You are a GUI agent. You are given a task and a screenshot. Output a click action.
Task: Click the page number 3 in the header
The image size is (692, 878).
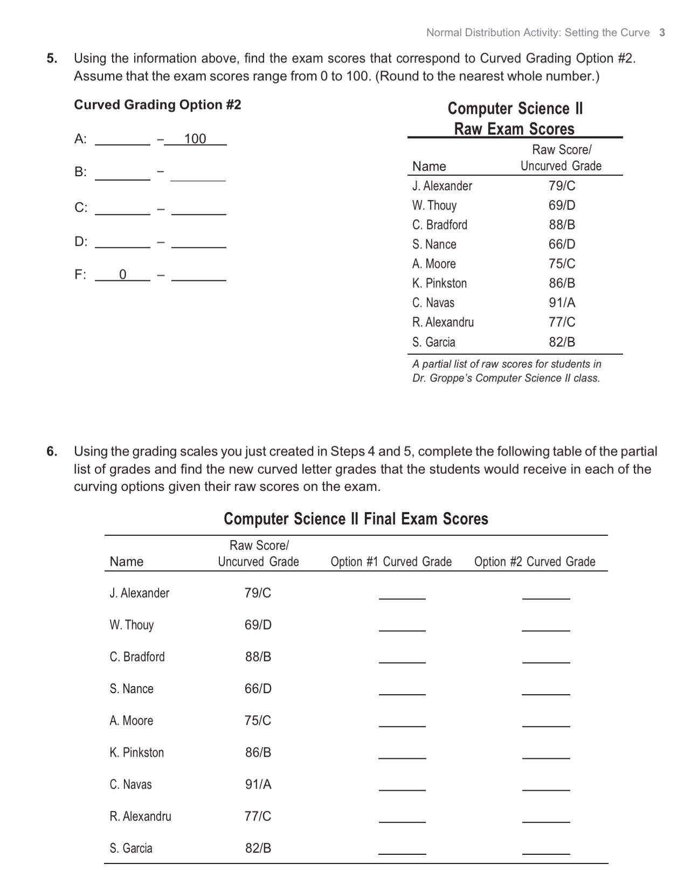coord(662,32)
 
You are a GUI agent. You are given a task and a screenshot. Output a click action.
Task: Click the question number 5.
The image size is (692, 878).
coord(51,58)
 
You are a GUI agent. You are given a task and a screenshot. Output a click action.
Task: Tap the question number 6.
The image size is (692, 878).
coord(51,451)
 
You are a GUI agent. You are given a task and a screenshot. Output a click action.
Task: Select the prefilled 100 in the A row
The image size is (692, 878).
coord(195,139)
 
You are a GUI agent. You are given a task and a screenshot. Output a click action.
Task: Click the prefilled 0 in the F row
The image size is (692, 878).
coord(122,275)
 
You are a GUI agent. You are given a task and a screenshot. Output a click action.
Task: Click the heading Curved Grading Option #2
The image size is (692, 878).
coord(157,105)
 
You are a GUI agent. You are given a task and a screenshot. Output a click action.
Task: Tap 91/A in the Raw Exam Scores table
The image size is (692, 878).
coord(562,303)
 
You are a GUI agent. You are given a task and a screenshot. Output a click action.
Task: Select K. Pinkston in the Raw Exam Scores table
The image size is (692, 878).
coord(439,284)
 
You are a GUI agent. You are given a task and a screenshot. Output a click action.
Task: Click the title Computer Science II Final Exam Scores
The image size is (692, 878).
coord(356,518)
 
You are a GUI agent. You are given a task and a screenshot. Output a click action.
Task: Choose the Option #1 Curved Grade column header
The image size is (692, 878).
coord(391,562)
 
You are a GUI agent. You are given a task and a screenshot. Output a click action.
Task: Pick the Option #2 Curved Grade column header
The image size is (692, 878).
coord(535,562)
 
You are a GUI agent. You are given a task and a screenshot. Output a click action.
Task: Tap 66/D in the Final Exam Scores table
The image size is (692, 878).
coord(258,689)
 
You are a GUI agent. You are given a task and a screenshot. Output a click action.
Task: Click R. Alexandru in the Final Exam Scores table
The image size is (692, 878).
coord(140,817)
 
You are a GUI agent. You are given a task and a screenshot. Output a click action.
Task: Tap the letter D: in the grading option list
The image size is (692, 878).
coord(81,241)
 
